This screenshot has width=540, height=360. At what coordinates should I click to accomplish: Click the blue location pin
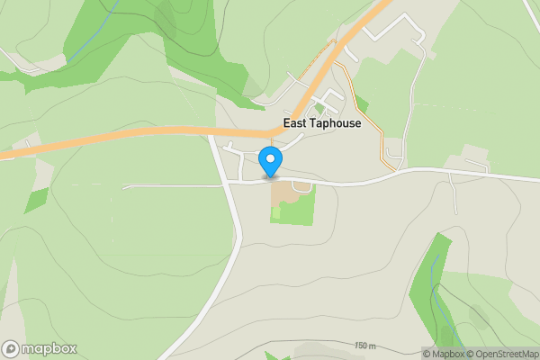pyautogui.click(x=270, y=163)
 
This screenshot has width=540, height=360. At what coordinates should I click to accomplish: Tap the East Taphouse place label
pyautogui.click(x=321, y=123)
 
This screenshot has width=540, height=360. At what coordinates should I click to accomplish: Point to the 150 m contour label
pyautogui.click(x=364, y=346)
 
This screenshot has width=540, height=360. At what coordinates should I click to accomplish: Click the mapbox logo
pyautogui.click(x=40, y=349)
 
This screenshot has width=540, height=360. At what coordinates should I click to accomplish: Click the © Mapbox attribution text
pyautogui.click(x=444, y=354)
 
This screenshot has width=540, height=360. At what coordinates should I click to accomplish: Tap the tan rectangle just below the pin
pyautogui.click(x=282, y=192)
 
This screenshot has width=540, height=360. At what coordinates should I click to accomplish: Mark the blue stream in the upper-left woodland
pyautogui.click(x=94, y=36)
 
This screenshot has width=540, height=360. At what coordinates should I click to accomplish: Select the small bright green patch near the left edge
pyautogui.click(x=36, y=200)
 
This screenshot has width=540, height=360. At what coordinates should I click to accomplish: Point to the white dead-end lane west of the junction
pyautogui.click(x=171, y=186)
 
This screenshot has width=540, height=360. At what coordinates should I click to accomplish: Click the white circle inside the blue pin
pyautogui.click(x=270, y=159)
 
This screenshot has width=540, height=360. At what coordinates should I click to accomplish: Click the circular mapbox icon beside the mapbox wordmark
pyautogui.click(x=11, y=349)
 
